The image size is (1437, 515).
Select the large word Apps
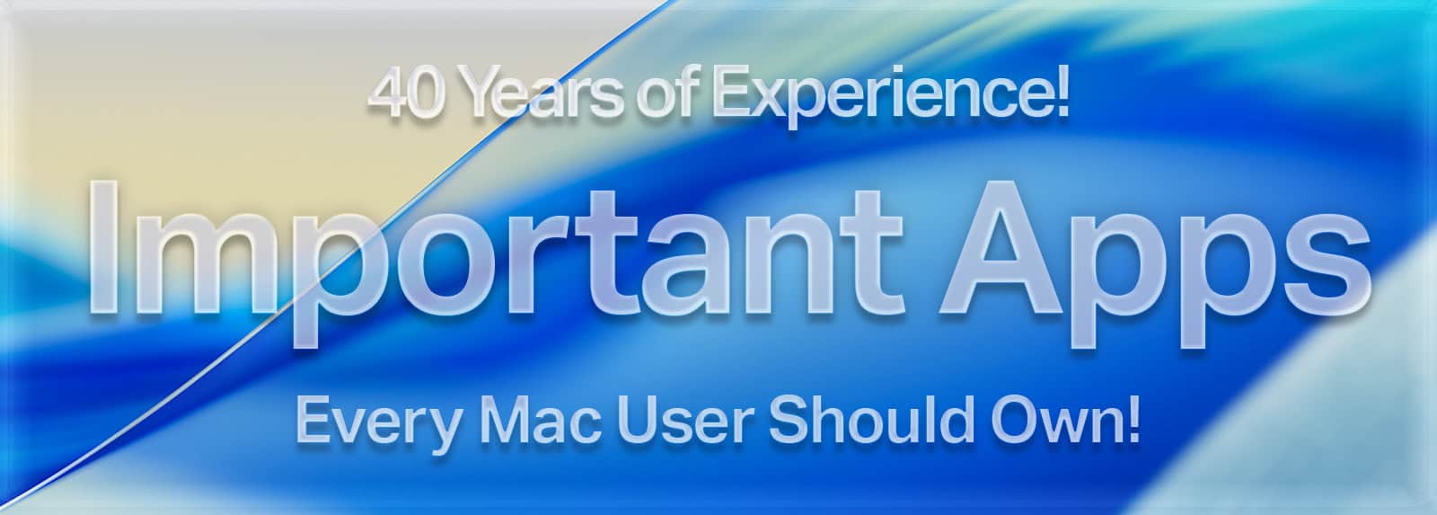click(1155, 264)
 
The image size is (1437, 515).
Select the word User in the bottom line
click(686, 422)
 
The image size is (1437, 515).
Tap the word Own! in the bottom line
click(1065, 421)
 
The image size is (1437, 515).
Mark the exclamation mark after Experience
click(1062, 93)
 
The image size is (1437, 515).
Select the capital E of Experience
click(732, 94)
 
